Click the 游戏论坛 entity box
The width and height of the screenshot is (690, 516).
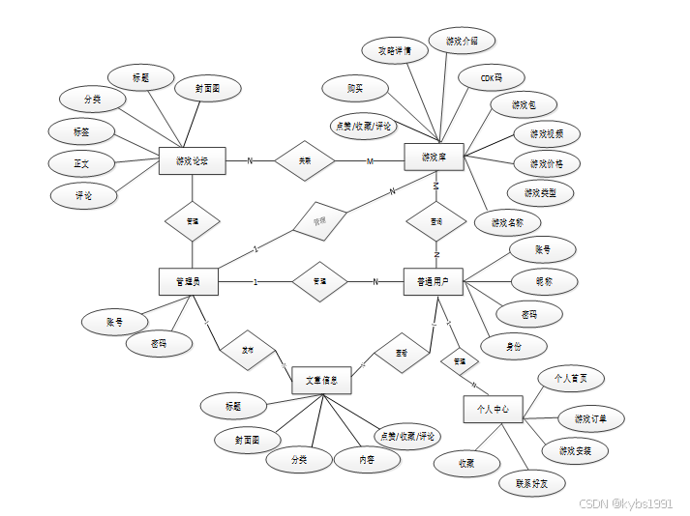click(x=192, y=160)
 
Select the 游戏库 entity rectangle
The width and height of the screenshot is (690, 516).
click(x=434, y=158)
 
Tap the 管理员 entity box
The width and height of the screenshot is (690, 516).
click(x=187, y=281)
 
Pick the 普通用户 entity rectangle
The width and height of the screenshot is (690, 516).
click(x=433, y=281)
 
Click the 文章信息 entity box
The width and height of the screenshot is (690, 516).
click(x=320, y=383)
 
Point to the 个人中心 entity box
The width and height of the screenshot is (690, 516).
click(x=493, y=410)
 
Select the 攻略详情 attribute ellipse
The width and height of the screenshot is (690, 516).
click(x=394, y=50)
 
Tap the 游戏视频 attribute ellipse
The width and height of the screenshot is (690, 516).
click(x=546, y=133)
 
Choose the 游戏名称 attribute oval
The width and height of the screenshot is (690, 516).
click(x=507, y=222)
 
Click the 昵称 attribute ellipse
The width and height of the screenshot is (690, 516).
click(x=545, y=281)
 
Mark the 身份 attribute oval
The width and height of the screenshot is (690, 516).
click(x=514, y=346)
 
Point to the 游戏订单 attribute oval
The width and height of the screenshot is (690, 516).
click(x=590, y=418)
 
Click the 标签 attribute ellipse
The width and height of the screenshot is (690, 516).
click(x=81, y=130)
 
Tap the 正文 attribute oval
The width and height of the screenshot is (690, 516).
click(x=80, y=163)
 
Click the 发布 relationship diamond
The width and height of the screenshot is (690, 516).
click(x=248, y=351)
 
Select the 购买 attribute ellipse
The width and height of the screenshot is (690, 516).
click(x=355, y=88)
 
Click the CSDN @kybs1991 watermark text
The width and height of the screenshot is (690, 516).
click(x=625, y=503)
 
